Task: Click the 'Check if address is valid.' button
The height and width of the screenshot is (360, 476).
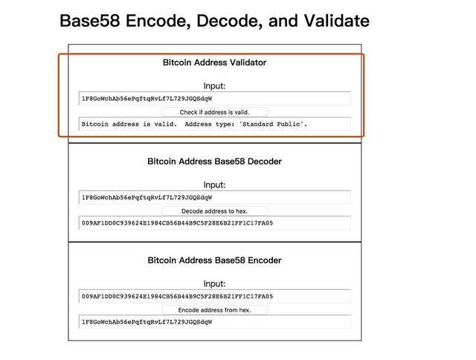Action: [215, 112]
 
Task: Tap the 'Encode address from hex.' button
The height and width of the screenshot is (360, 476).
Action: [215, 310]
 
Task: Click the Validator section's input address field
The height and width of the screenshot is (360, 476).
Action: [215, 98]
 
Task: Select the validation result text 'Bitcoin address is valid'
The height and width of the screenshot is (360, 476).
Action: [129, 124]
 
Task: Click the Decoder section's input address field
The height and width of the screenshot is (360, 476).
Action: [215, 197]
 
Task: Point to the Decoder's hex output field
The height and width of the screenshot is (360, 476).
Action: [215, 223]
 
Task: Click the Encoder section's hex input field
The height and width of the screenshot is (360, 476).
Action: [215, 296]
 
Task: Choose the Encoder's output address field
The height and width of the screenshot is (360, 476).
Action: [215, 322]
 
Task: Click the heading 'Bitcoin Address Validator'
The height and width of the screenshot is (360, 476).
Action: [215, 62]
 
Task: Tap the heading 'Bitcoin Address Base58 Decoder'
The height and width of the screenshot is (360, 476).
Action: [215, 161]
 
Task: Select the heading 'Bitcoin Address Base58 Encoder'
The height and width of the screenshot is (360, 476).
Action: [215, 260]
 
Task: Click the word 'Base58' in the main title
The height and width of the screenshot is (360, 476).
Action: [90, 21]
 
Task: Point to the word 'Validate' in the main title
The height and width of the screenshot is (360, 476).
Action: [336, 21]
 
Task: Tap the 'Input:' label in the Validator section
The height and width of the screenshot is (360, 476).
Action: [215, 86]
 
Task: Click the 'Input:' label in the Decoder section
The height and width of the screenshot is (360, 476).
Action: [215, 185]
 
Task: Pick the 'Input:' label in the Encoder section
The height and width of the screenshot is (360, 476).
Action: [215, 284]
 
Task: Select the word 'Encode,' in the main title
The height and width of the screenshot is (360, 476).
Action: [158, 22]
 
